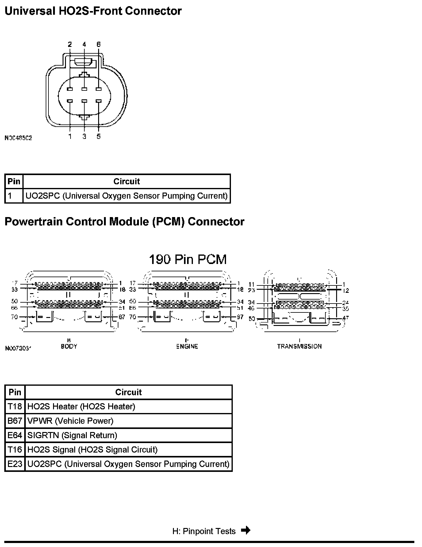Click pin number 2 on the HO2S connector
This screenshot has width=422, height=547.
tap(70, 44)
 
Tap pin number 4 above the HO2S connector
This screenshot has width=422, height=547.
tap(84, 44)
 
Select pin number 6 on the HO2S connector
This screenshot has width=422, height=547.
tap(98, 44)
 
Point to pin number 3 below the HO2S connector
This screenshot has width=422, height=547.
tap(84, 136)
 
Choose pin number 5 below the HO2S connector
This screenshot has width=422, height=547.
tap(98, 136)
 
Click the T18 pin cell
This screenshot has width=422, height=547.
tap(15, 407)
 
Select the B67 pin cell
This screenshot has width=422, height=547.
tap(15, 421)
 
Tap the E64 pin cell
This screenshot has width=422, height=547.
tap(15, 435)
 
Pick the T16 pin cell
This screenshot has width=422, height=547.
tap(15, 450)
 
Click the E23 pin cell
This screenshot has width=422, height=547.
tap(15, 464)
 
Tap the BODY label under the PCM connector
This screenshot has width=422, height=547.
tap(69, 346)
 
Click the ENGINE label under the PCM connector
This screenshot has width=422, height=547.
tap(187, 346)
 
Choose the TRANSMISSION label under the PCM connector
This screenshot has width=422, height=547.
tap(299, 346)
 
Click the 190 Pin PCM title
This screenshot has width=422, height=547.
tap(188, 259)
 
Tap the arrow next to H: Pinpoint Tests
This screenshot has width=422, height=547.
tap(246, 530)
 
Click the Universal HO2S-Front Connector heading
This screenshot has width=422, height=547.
tap(93, 11)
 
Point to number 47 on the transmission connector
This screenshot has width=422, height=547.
tap(345, 318)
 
